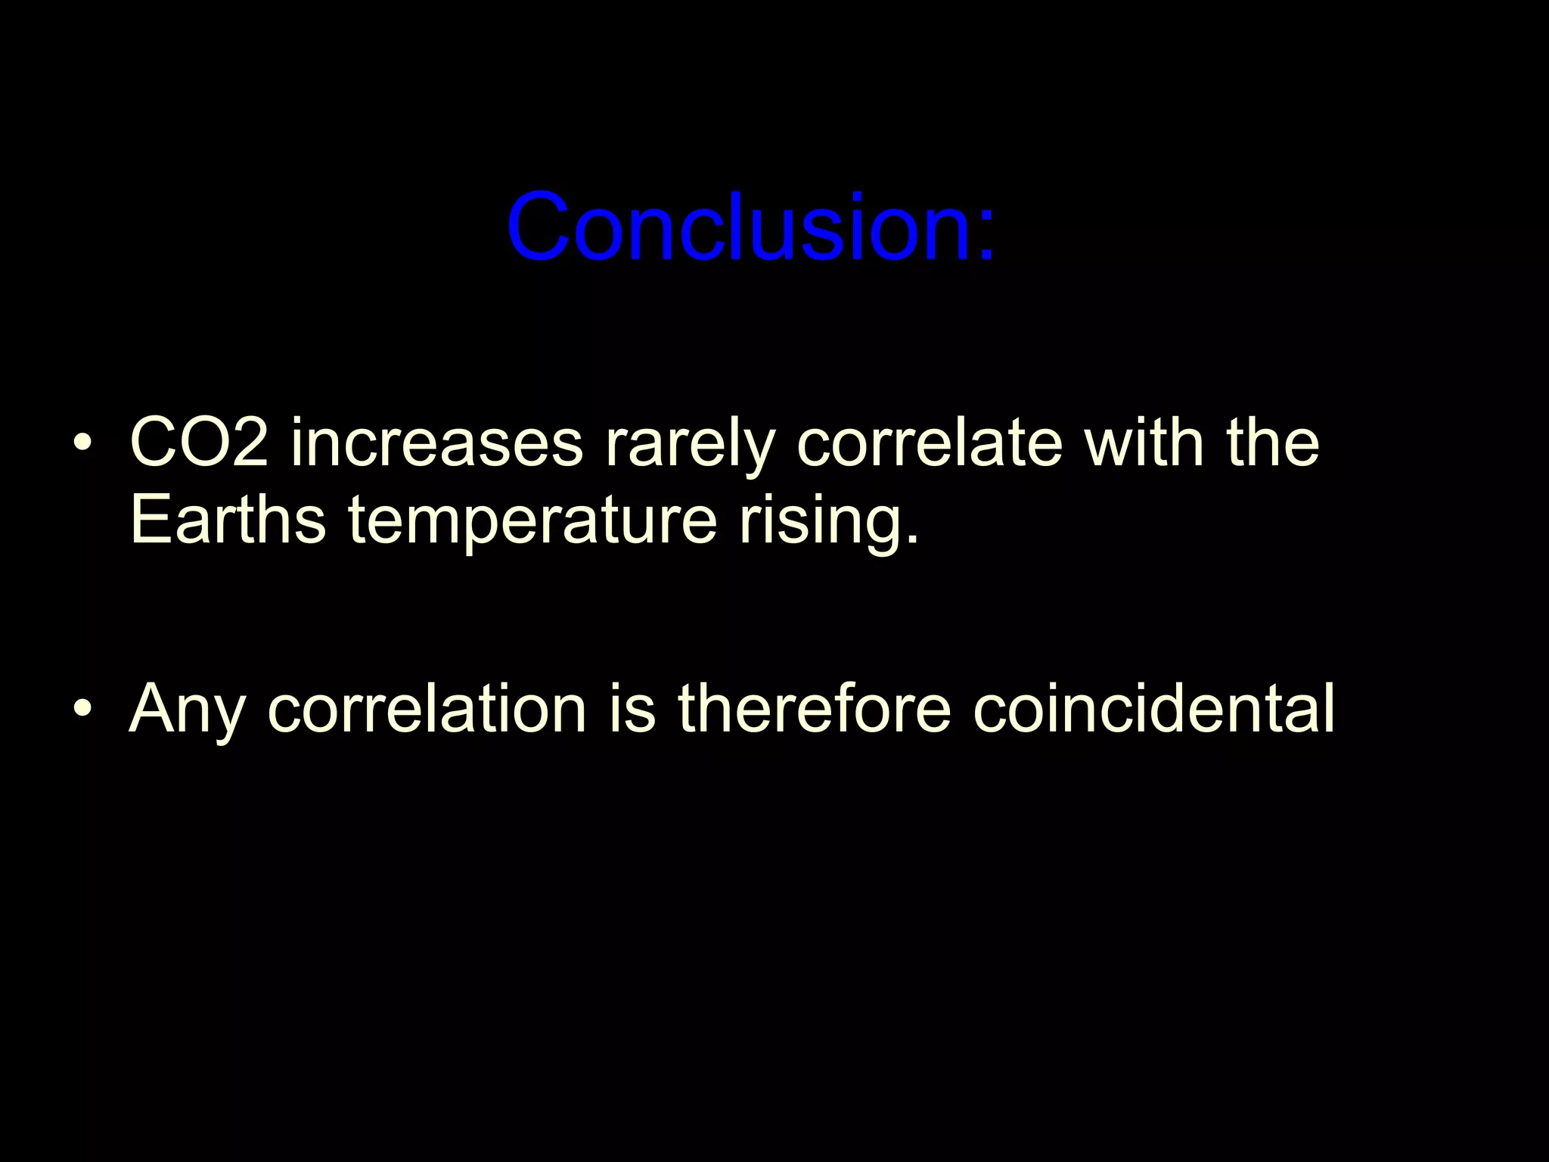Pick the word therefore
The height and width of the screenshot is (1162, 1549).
tap(814, 708)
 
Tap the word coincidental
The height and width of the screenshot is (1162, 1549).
tap(1154, 708)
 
